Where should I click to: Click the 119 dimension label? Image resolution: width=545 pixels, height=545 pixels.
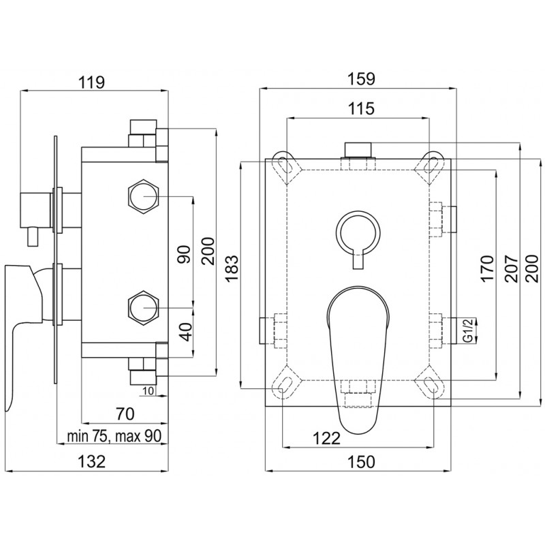click(x=91, y=82)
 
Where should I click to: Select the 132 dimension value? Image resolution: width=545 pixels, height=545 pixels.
click(x=91, y=461)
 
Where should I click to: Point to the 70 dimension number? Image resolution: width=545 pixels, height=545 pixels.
click(x=124, y=414)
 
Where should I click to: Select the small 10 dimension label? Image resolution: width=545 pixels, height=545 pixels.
click(x=149, y=390)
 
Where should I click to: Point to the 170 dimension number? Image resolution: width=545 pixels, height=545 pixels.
click(x=486, y=269)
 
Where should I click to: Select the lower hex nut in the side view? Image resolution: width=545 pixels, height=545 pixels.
click(x=144, y=308)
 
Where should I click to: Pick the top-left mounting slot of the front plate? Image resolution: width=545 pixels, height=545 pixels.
click(x=283, y=163)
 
